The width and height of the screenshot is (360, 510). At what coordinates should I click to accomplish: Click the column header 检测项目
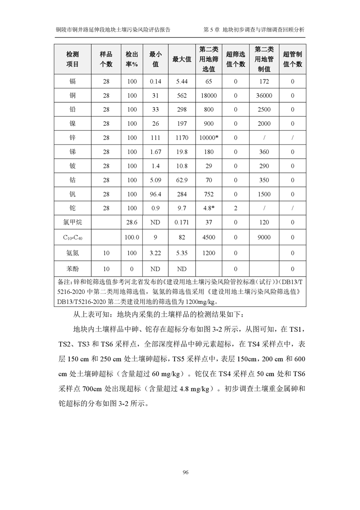pos(72,59)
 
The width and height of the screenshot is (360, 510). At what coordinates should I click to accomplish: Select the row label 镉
pos(72,82)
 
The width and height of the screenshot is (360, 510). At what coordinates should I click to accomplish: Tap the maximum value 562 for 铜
pos(182,96)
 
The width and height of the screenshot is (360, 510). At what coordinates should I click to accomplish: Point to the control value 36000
pos(264,96)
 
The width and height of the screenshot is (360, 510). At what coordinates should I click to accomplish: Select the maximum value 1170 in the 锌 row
pos(182,138)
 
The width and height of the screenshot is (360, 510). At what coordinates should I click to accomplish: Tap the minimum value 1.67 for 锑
pos(155,152)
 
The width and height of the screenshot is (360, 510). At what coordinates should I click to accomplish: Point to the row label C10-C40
pos(72,237)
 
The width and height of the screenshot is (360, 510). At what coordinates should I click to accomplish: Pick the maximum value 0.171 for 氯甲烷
pos(182,223)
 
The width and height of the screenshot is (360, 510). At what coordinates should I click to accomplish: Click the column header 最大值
pos(182,59)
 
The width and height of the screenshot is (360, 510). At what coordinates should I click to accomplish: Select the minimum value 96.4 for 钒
pos(155,194)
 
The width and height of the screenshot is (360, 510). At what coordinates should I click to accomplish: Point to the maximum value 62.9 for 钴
pos(182,180)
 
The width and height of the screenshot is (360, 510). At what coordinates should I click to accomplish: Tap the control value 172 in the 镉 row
pos(264,82)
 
